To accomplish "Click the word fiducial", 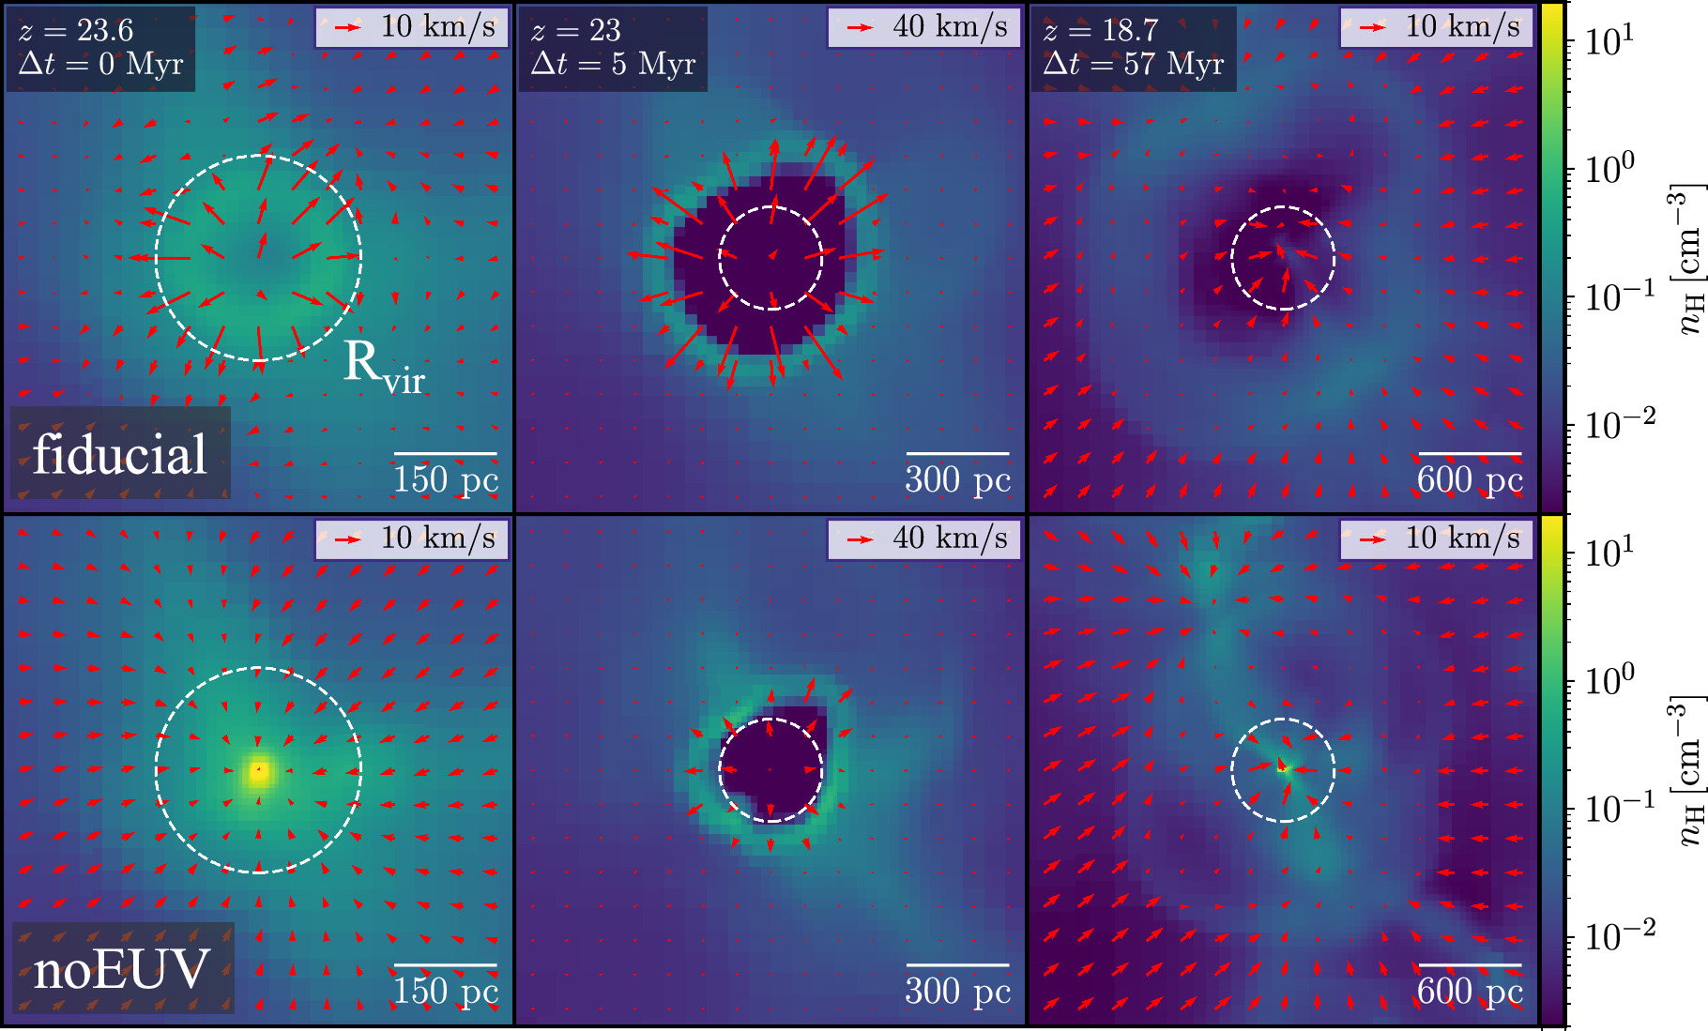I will click(x=119, y=456).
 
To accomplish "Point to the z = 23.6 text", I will click(x=76, y=31).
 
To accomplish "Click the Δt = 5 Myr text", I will click(x=613, y=65).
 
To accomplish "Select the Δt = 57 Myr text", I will click(x=1133, y=65).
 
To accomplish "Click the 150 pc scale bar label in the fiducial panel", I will click(x=446, y=480).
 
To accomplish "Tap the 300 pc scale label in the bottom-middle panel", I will click(x=957, y=992).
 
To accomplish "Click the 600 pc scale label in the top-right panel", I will click(x=1470, y=480).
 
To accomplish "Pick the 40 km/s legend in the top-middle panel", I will click(x=924, y=27).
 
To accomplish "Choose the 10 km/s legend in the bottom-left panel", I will click(x=413, y=538).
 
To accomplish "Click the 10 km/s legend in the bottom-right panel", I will click(x=1437, y=538).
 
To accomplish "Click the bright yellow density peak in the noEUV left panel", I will click(x=259, y=771).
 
